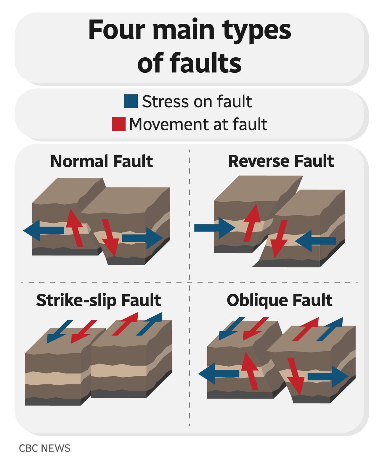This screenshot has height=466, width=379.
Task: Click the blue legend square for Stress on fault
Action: tap(131, 101)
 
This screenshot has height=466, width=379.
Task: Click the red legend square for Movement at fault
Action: tap(118, 124)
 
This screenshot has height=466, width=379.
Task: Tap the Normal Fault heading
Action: tap(101, 161)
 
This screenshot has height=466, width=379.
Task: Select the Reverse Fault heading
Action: tap(281, 161)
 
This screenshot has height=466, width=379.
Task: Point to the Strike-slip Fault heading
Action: tap(98, 300)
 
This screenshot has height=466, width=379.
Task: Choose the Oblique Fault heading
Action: tap(279, 300)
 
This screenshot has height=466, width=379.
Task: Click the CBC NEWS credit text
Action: tap(44, 448)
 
